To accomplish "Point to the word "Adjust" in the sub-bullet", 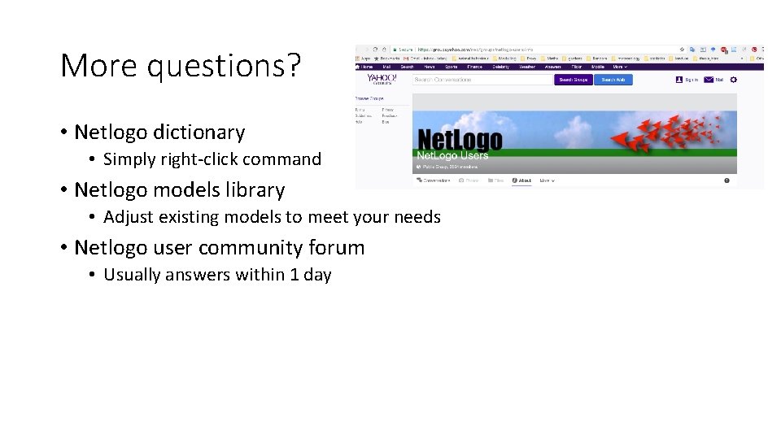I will pos(128,217).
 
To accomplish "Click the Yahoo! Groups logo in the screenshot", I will pos(381,80).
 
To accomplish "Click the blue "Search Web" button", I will pos(613,80).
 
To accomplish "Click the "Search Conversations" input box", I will pos(482,80).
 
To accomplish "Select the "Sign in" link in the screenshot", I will pos(691,80).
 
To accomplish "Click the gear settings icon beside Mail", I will pos(733,80).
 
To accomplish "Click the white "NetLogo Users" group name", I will pos(452,155).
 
